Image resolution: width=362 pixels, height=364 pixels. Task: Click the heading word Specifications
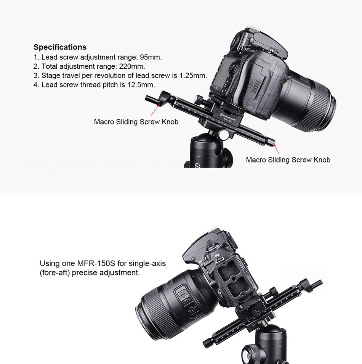(x=60, y=47)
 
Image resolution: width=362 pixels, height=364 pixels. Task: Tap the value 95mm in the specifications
(x=151, y=57)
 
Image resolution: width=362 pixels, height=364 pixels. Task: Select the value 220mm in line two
(x=132, y=66)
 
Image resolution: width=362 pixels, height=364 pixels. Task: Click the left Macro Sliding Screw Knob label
(x=136, y=122)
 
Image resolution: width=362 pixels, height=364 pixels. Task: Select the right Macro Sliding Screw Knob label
(x=288, y=160)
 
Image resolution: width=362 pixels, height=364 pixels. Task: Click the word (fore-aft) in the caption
(x=55, y=272)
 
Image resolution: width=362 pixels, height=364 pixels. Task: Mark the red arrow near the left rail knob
(x=155, y=110)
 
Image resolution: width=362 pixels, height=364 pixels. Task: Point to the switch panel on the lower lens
(x=187, y=301)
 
